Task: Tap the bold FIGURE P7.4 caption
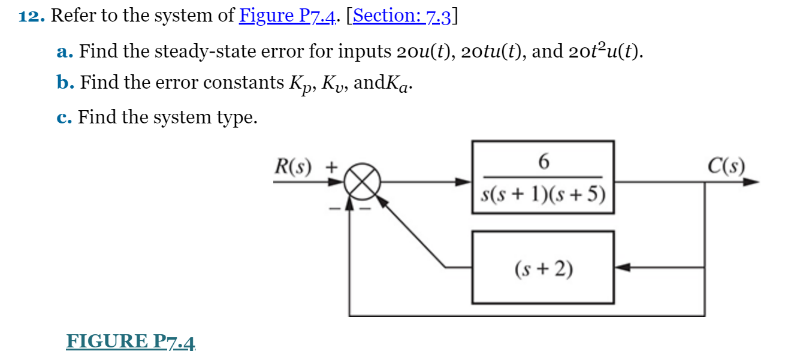coord(131,341)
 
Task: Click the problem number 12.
coord(32,16)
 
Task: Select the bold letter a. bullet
coord(65,52)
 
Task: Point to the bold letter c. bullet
coord(65,117)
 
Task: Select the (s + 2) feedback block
coord(543,270)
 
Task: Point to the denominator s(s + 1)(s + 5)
coord(543,195)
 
